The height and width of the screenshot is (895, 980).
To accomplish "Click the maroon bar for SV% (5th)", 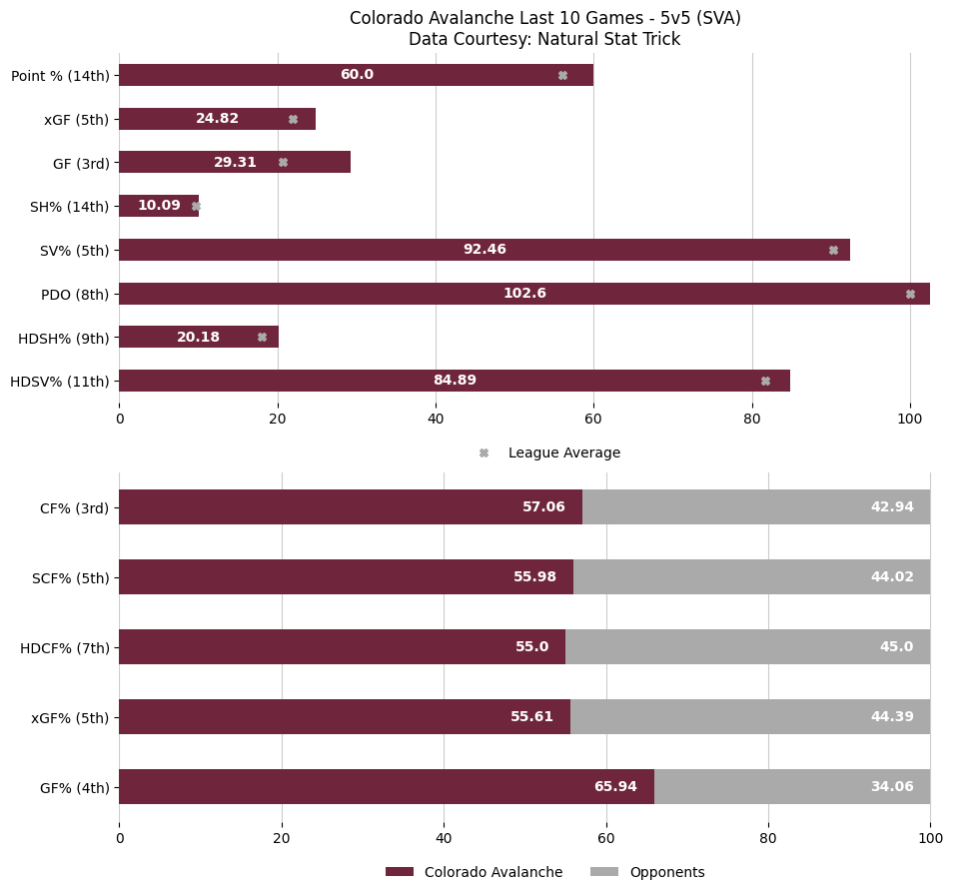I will [300, 250].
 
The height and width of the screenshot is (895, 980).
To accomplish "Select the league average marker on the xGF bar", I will [293, 119].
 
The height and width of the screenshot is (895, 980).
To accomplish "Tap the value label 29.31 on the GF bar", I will [235, 163].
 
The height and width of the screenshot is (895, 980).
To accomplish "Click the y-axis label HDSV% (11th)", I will [59, 381].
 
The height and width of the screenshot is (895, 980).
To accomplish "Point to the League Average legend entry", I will [563, 452].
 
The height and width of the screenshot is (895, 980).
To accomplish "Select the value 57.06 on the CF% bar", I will [543, 507].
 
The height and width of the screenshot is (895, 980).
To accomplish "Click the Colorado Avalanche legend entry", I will [492, 872].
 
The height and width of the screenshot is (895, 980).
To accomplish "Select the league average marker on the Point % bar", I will [562, 75].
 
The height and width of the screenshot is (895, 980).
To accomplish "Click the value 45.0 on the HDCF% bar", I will [896, 647].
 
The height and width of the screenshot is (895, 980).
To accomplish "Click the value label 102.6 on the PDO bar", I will [524, 294].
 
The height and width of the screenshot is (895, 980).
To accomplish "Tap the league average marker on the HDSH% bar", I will [262, 337].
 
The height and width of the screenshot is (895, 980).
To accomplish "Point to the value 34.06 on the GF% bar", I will [892, 787].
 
